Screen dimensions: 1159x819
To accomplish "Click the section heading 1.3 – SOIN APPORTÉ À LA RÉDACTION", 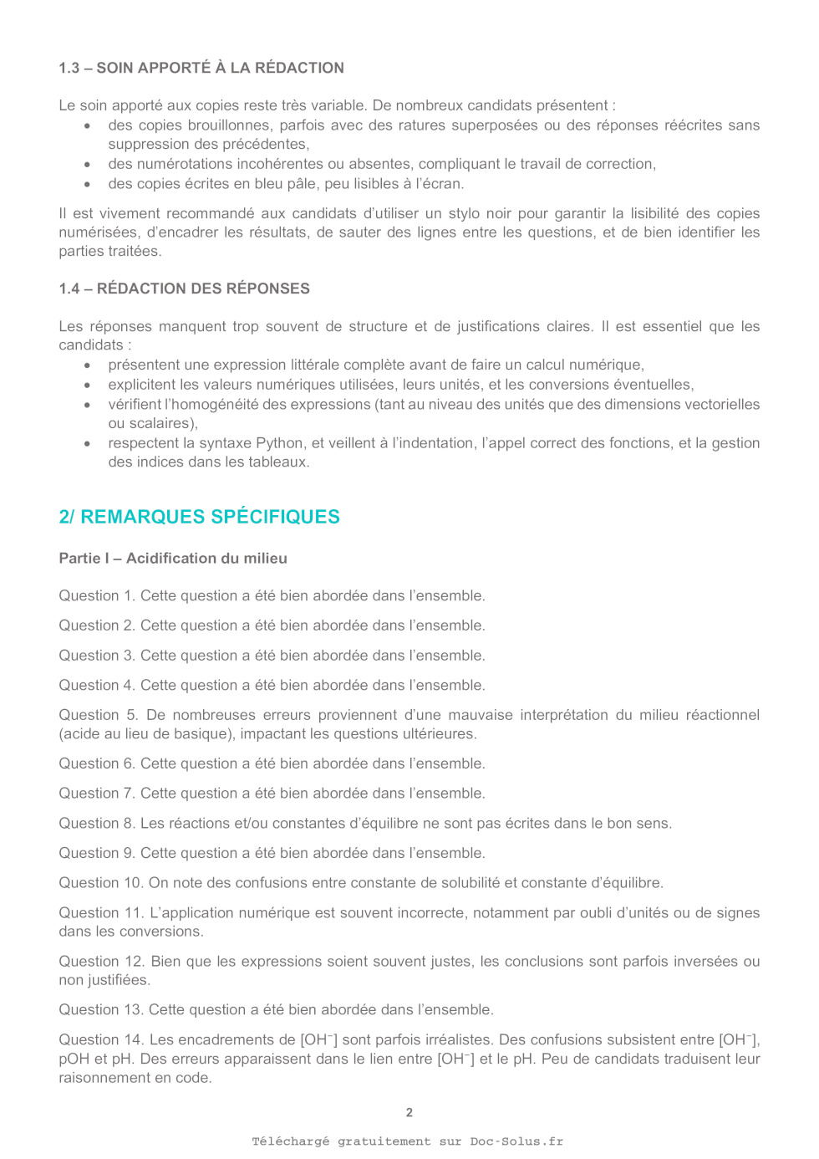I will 201,68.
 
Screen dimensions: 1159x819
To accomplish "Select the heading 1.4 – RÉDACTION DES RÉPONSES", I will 184,288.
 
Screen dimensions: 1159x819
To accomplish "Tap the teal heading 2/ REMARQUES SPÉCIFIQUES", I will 199,517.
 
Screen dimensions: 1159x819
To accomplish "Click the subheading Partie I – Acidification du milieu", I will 173,558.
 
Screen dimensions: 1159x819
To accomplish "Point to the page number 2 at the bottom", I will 409,1112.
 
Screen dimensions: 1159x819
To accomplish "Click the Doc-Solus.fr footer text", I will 516,1141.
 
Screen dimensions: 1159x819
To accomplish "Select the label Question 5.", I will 98,715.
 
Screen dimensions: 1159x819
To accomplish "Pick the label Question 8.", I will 96,823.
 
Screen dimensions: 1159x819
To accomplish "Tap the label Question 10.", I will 100,882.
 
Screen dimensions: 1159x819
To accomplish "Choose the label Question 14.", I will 101,1039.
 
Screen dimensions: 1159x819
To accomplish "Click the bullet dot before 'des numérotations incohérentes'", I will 87,164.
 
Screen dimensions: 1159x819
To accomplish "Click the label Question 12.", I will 101,962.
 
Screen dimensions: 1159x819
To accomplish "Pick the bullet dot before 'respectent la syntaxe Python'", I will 87,443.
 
